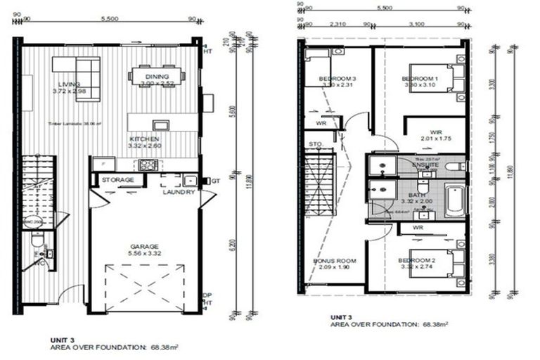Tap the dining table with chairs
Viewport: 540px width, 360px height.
coord(156,75)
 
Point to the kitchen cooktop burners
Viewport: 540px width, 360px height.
coord(149,165)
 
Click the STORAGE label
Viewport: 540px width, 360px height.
coord(117,180)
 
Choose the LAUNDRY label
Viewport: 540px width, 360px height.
coord(178,191)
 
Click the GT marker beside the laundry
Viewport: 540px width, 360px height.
coord(216,181)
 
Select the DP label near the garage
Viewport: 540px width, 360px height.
coord(207,295)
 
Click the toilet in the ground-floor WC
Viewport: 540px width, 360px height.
coord(37,241)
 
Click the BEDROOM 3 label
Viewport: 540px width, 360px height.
coord(336,78)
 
